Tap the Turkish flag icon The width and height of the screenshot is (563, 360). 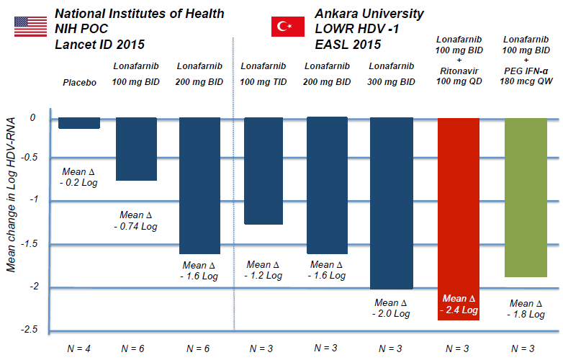coord(287,27)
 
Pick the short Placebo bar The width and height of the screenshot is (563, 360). coord(79,122)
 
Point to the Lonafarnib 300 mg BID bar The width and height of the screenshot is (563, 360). coord(392,202)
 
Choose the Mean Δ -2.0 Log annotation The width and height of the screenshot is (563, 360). coord(392,308)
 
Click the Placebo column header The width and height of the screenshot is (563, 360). coord(78,83)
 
